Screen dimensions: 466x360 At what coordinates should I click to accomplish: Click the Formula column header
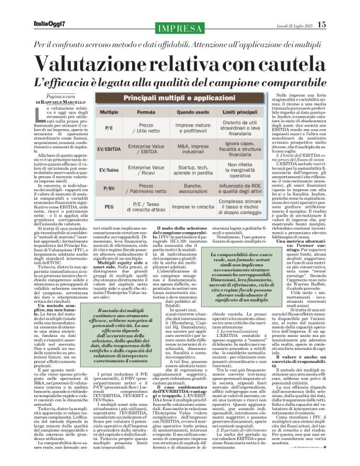point(146,112)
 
